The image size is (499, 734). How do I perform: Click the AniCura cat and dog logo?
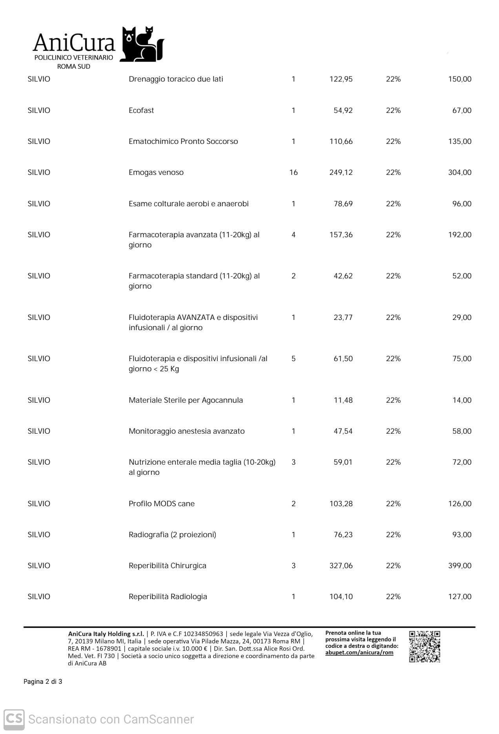tap(142, 44)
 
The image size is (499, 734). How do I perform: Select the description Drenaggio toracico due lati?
tap(176, 79)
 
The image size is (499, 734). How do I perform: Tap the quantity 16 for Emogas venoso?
tap(293, 172)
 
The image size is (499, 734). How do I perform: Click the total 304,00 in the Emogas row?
tap(460, 172)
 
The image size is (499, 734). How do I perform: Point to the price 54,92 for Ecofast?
tap(343, 110)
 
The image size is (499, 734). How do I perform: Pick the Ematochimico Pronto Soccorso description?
tap(183, 141)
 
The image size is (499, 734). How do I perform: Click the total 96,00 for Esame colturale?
tap(462, 203)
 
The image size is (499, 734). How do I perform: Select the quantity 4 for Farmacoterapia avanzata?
tap(293, 234)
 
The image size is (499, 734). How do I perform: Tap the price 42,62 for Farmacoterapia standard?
tap(343, 276)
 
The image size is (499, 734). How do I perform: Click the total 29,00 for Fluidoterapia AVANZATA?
tap(462, 317)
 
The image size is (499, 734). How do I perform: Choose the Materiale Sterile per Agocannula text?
tap(186, 400)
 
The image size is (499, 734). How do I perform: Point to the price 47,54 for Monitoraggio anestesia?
tap(343, 431)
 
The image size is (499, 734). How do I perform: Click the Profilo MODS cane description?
tap(162, 503)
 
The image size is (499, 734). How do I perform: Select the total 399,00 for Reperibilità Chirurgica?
tap(460, 565)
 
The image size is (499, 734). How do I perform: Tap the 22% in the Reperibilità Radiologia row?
tap(393, 596)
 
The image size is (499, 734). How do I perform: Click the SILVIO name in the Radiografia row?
tap(39, 534)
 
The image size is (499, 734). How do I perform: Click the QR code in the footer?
tap(424, 647)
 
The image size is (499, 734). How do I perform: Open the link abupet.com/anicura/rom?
tap(359, 652)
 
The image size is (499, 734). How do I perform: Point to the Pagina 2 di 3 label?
tap(43, 681)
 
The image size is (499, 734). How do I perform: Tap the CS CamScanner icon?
tap(14, 719)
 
